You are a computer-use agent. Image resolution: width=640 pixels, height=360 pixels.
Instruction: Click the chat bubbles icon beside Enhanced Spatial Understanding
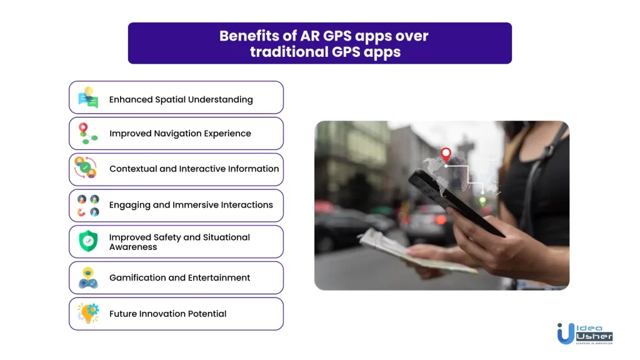(x=88, y=97)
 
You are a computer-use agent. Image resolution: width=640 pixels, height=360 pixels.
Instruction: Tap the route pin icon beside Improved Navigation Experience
(x=87, y=134)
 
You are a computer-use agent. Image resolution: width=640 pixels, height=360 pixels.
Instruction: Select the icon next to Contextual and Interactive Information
(x=86, y=167)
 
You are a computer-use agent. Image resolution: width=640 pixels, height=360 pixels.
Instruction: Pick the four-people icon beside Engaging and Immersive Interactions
(x=88, y=205)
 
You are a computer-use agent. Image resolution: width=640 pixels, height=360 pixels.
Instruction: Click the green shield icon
(x=88, y=241)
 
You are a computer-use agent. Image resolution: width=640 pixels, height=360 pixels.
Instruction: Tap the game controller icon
(x=88, y=278)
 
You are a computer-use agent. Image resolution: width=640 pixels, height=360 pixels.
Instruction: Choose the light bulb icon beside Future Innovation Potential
(x=88, y=313)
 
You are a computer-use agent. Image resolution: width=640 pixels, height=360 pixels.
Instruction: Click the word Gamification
(x=137, y=277)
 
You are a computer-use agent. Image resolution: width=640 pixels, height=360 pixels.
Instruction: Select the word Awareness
(x=133, y=247)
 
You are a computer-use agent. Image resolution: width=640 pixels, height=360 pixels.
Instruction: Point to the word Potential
(x=207, y=314)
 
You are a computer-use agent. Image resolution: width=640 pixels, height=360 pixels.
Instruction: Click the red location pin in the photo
(x=446, y=154)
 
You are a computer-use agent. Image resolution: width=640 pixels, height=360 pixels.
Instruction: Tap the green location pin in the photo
(x=482, y=201)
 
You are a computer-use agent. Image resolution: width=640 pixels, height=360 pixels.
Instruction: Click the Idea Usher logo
(x=585, y=334)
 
